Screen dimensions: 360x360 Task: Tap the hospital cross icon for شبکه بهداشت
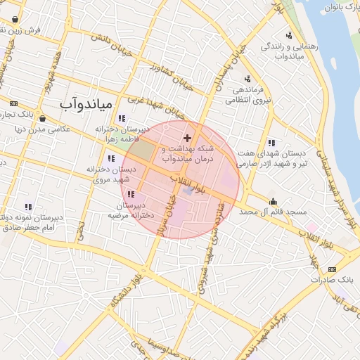tap(187, 137)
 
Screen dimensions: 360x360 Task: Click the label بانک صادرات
tap(333, 281)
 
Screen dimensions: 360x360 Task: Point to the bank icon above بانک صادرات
tap(333, 269)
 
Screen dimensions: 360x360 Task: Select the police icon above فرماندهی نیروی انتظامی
tap(247, 79)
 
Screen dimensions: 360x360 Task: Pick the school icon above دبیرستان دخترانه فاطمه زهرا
tap(122, 118)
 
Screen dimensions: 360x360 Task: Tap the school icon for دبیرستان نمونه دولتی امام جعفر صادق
tap(28, 207)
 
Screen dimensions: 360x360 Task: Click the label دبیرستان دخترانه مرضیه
tap(131, 210)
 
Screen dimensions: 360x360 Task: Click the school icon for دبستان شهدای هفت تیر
tap(271, 143)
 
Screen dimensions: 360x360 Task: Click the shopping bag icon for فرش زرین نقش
tap(15, 19)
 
